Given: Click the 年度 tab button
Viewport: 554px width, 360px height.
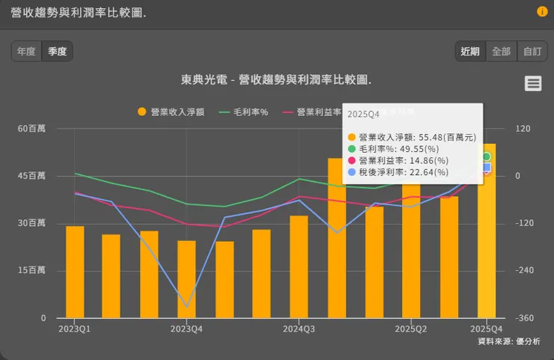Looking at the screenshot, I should coord(26,52).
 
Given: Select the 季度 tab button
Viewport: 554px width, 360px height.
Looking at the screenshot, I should coord(58,52).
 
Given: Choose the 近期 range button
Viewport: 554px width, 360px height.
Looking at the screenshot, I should coord(470,52).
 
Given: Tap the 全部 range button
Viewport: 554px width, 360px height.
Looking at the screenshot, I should coord(500,52).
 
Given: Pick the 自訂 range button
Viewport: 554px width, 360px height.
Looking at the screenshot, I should coord(532,52).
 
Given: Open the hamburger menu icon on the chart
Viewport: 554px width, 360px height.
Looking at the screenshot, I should coord(533,83).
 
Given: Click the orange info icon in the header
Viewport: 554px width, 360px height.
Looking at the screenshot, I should coord(542,12).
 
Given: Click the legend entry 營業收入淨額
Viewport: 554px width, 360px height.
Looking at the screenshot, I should coord(171,112).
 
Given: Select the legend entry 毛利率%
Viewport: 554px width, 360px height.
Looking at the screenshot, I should coord(243,112).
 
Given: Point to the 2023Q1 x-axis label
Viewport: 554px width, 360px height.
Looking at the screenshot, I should coord(74,329).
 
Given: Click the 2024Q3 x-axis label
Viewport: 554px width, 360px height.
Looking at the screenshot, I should coord(299,329).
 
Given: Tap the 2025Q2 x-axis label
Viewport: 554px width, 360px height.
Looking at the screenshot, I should coord(411,329).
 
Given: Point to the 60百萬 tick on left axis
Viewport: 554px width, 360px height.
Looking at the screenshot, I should coord(32,129).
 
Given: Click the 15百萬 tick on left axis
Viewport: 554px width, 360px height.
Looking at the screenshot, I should coord(32,271).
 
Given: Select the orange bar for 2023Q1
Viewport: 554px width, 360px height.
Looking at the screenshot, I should coord(75,272).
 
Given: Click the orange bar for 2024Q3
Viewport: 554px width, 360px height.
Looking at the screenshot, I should coord(299,266).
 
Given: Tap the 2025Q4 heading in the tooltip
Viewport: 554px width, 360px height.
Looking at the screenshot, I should coord(363,113).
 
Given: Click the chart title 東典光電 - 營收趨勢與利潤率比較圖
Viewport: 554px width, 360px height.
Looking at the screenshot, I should coord(276,79).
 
